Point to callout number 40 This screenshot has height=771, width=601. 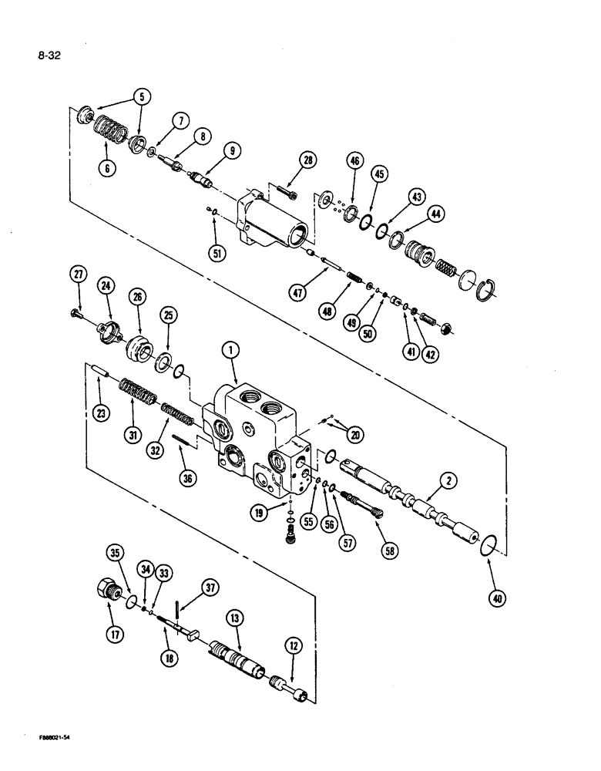coord(489,596)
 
